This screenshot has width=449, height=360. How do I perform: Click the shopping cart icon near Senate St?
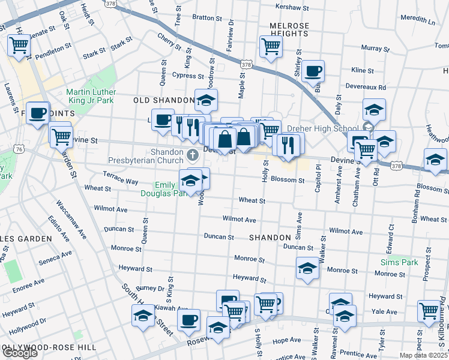pos(19,45)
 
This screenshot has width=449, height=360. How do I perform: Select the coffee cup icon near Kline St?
pos(313,71)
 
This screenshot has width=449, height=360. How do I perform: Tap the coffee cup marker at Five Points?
pos(37,113)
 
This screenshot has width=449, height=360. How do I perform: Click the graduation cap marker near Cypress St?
pos(206,100)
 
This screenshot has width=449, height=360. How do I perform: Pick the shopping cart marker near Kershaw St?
pos(271,46)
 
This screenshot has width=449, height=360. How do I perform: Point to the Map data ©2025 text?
pos(423,355)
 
